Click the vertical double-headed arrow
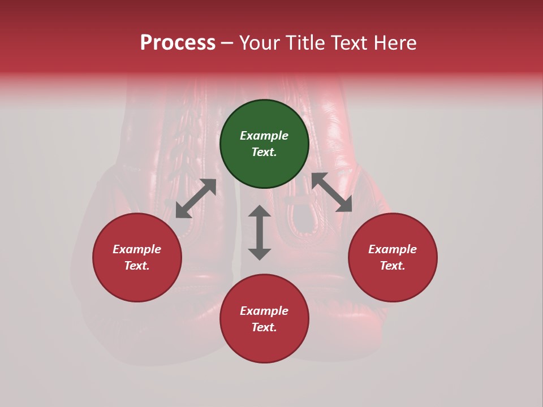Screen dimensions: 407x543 pos(260,232)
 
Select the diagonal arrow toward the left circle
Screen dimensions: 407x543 pos(196,198)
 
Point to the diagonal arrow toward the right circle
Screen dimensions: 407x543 pos(331,192)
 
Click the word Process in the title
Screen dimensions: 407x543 pos(178,43)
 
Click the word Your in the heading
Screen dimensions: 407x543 pos(259,43)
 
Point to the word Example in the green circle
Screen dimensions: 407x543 pos(264,136)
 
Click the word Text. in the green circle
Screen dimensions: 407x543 pos(264,152)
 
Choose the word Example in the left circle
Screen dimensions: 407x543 pos(137,249)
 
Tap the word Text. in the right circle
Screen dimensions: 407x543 pos(393,266)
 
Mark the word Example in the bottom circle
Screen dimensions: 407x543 pos(264,311)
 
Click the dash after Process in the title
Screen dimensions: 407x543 pos(227,43)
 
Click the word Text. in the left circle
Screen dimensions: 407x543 pos(137,266)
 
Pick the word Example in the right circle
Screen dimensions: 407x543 pos(393,249)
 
